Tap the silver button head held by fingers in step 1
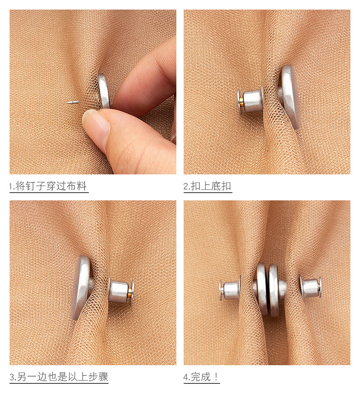coord(104,91)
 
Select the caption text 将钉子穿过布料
coord(51,186)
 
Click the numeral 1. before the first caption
coord(12,187)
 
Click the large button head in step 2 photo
coord(290,97)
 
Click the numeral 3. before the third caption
coord(12,377)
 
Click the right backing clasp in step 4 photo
coord(311,287)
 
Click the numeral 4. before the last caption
coord(186,377)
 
